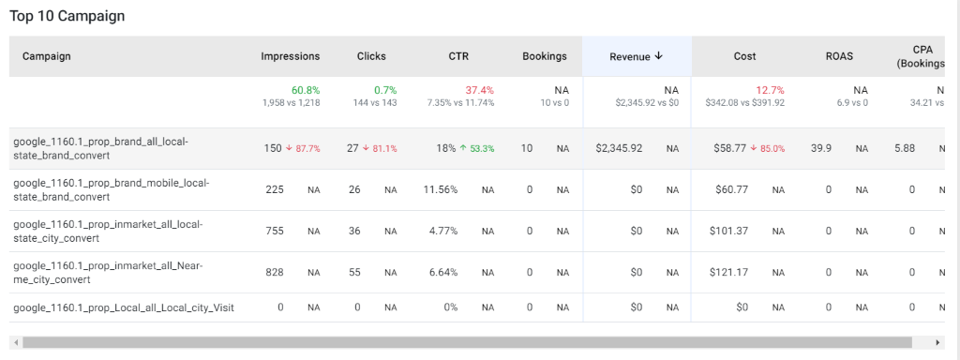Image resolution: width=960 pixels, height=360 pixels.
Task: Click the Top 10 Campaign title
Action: pos(67,16)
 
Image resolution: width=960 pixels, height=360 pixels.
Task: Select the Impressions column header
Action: pos(291,56)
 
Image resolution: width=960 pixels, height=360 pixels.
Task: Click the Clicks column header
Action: pos(371,56)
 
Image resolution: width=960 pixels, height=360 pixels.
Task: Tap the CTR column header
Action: pos(458,56)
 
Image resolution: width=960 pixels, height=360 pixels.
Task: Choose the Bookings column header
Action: pos(545,56)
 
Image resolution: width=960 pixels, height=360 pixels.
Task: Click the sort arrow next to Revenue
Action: pos(659,55)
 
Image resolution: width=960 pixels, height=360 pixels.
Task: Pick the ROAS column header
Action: pos(839,56)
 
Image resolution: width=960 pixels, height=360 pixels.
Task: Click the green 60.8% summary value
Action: pos(305,91)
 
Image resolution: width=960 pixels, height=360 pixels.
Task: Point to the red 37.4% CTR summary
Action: pos(480,91)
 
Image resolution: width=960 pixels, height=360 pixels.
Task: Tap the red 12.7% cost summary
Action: pos(771,91)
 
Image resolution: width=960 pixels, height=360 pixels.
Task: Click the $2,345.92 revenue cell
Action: pos(619,148)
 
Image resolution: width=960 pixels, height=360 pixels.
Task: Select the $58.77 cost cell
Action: pos(729,148)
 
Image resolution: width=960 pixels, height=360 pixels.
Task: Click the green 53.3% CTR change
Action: pos(477,149)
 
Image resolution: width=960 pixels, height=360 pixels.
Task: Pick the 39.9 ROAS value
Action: pos(821,148)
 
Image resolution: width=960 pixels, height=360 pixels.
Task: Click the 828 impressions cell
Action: pos(275,272)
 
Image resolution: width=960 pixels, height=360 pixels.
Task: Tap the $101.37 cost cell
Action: pos(728,231)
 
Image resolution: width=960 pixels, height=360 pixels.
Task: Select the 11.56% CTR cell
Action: pos(441,189)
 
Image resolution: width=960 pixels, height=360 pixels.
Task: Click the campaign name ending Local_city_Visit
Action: pos(124,307)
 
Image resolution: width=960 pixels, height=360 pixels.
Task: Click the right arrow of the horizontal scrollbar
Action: pos(937,342)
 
